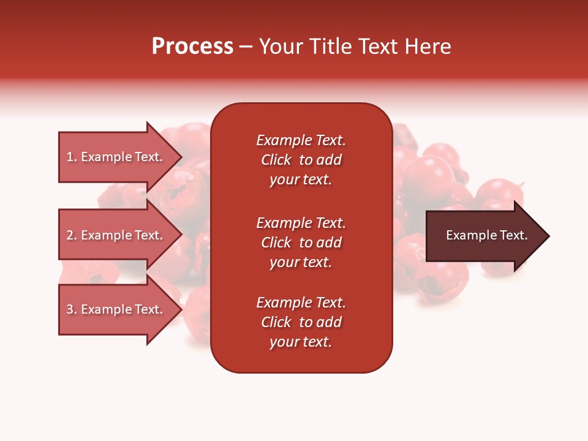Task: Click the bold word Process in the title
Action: click(192, 47)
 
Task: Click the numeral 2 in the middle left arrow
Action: click(70, 235)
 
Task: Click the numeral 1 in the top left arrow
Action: click(70, 157)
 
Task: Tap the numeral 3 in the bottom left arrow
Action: click(70, 309)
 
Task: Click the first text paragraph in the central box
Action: click(301, 160)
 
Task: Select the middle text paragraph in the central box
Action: click(301, 243)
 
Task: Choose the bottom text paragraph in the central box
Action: click(301, 322)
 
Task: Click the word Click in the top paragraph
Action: click(276, 160)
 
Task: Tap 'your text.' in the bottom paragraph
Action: click(301, 342)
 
